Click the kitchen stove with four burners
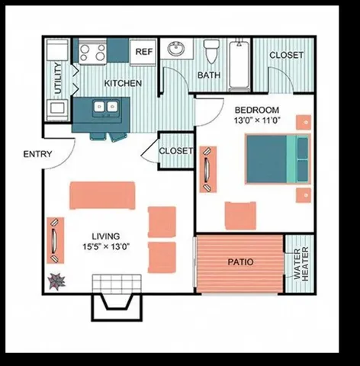pyautogui.click(x=92, y=52)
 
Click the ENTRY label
pyautogui.click(x=37, y=154)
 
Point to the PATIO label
pyautogui.click(x=240, y=262)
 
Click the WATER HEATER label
pyautogui.click(x=298, y=264)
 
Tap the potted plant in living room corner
pyautogui.click(x=55, y=282)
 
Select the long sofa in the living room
pyautogui.click(x=102, y=195)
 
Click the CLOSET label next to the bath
pyautogui.click(x=286, y=55)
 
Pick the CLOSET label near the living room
pyautogui.click(x=176, y=151)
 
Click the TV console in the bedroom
pyautogui.click(x=207, y=168)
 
